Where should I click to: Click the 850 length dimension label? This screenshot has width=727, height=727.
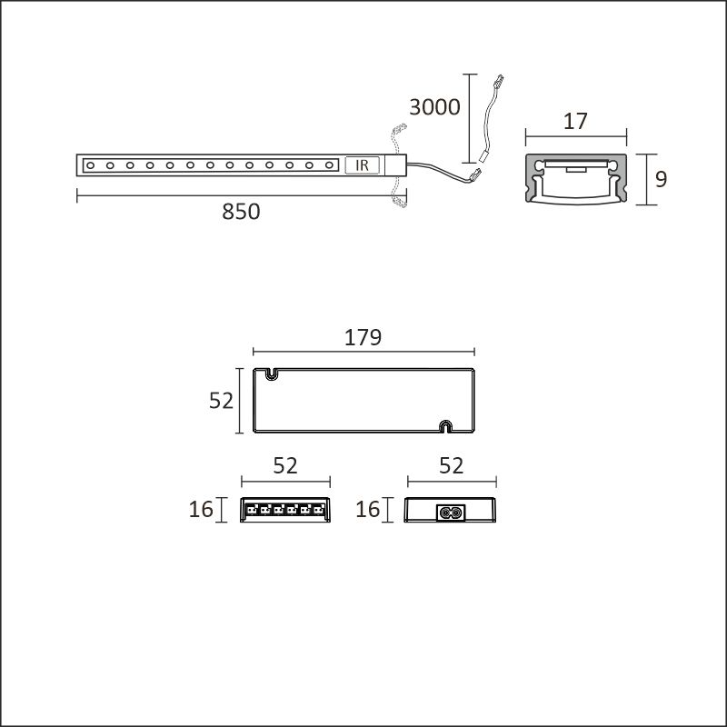click(x=241, y=212)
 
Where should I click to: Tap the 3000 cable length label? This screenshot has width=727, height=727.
click(x=434, y=107)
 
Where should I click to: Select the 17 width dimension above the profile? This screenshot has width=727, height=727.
click(x=575, y=121)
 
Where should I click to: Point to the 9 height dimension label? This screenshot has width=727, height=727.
click(x=661, y=179)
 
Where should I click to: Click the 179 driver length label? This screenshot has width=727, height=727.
click(x=363, y=337)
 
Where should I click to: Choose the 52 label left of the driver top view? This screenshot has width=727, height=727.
click(x=221, y=401)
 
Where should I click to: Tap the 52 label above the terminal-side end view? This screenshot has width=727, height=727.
click(x=285, y=465)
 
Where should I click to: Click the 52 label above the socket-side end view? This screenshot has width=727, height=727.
click(x=451, y=465)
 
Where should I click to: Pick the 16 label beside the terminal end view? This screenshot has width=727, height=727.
click(x=201, y=509)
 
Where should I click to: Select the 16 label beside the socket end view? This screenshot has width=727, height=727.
click(x=368, y=509)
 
